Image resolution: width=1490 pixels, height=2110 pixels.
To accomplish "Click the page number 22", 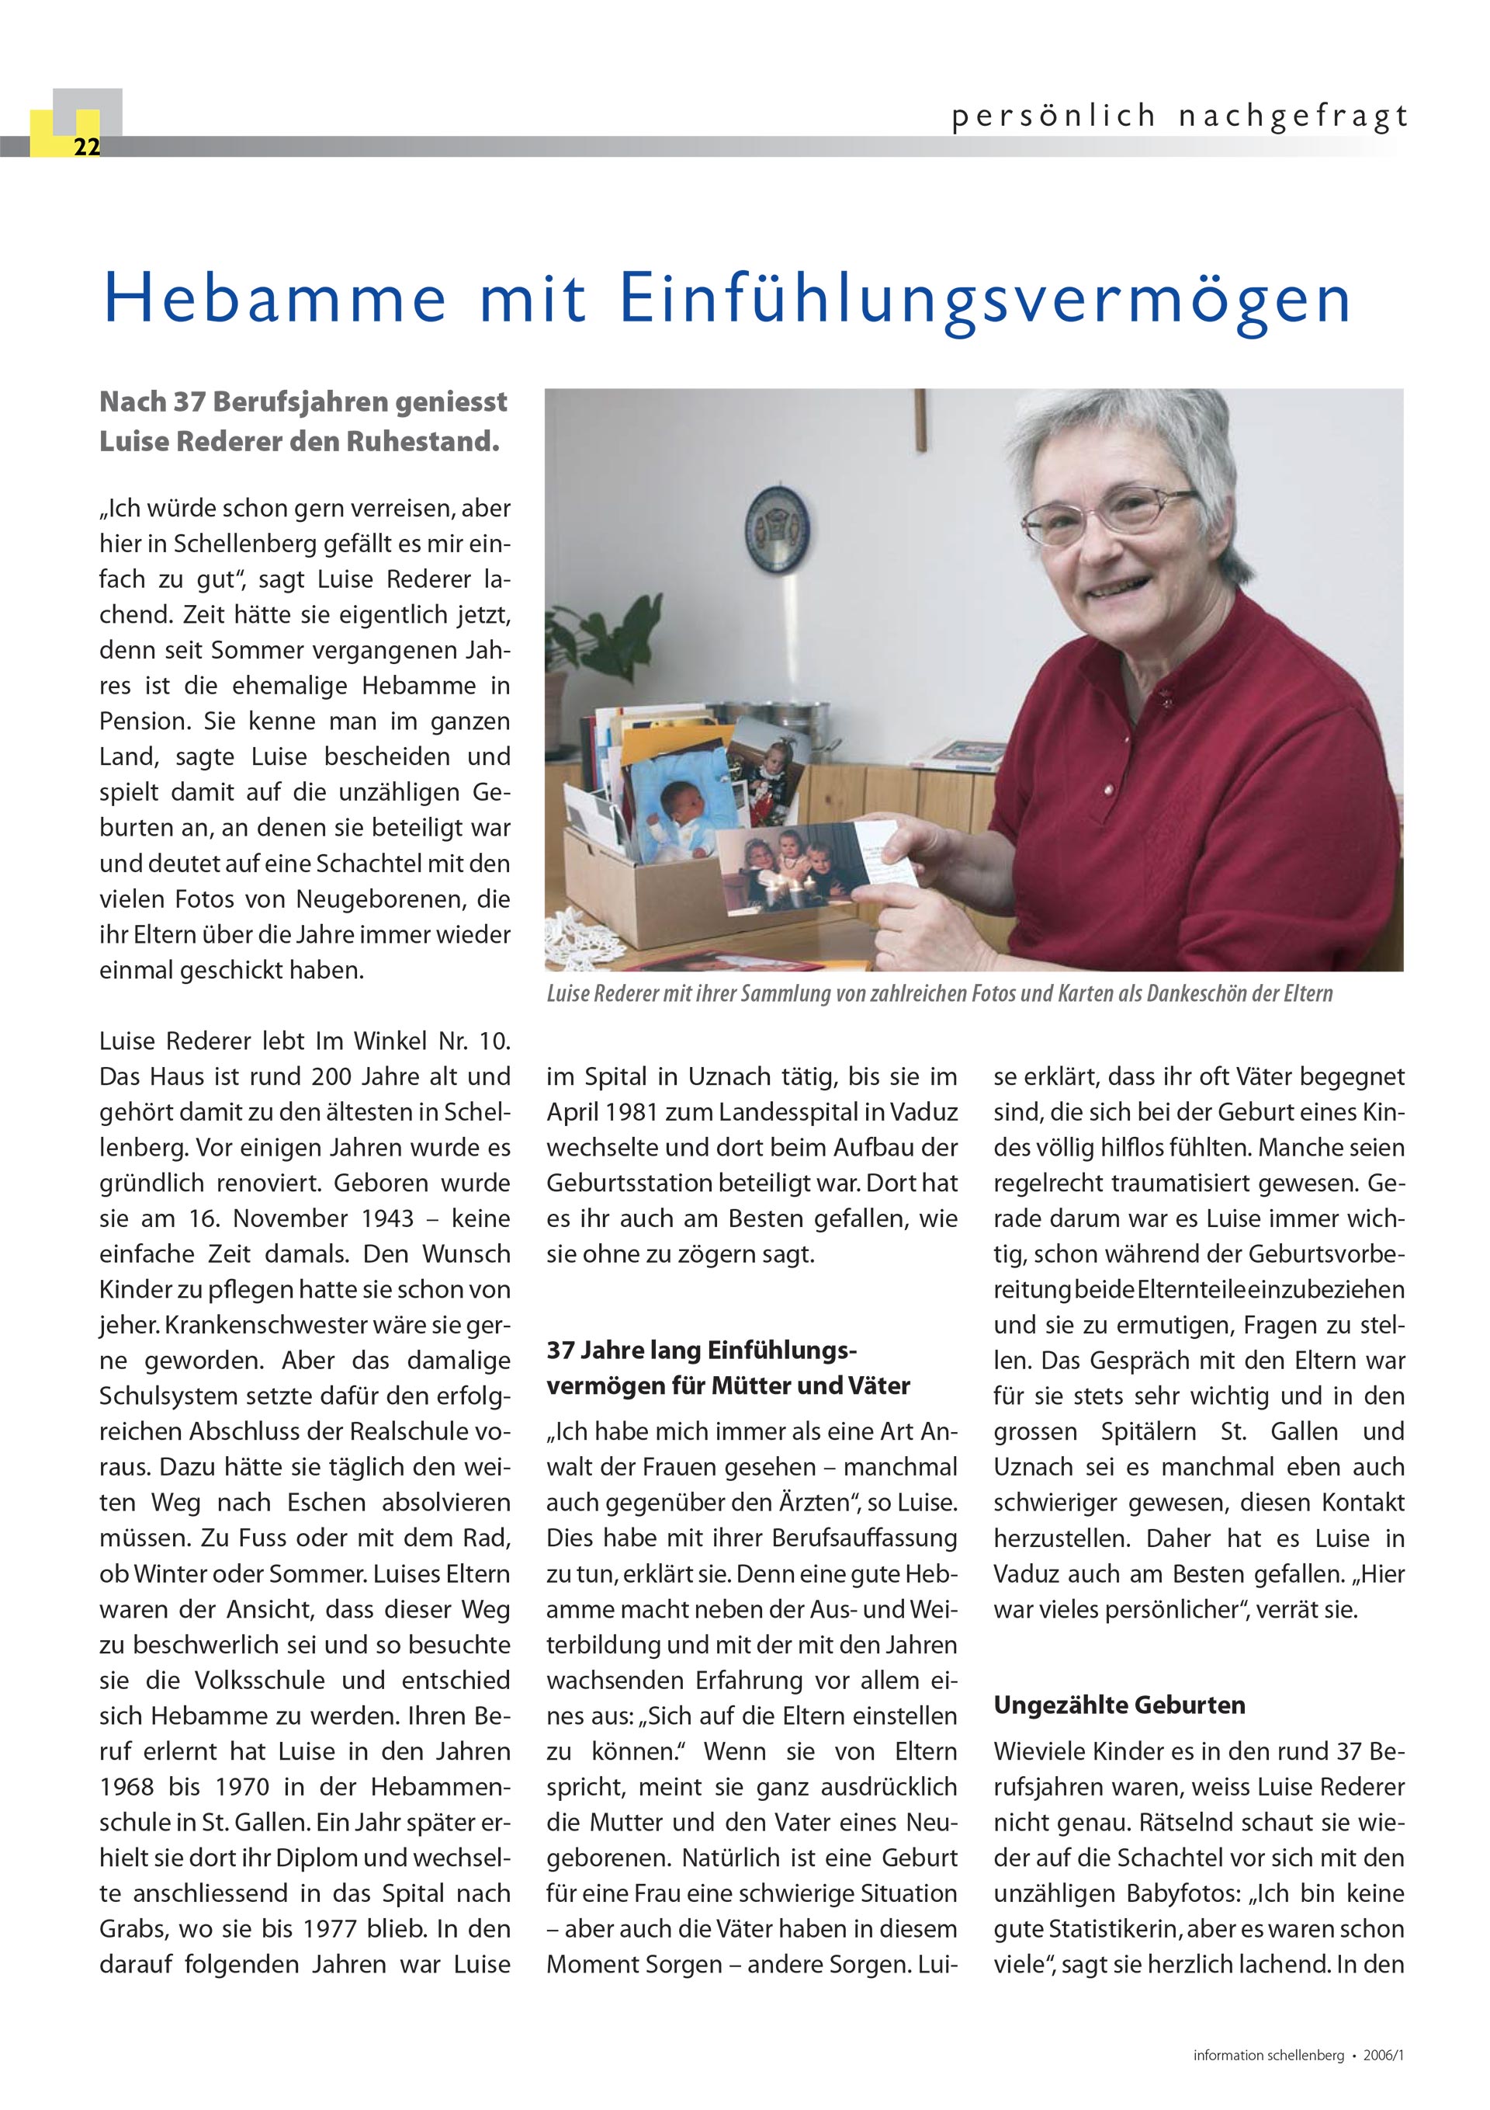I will (x=86, y=147).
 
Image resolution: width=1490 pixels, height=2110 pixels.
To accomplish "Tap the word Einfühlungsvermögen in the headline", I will (x=985, y=300).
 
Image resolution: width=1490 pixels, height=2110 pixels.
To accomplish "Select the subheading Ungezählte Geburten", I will (x=1119, y=1705).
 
